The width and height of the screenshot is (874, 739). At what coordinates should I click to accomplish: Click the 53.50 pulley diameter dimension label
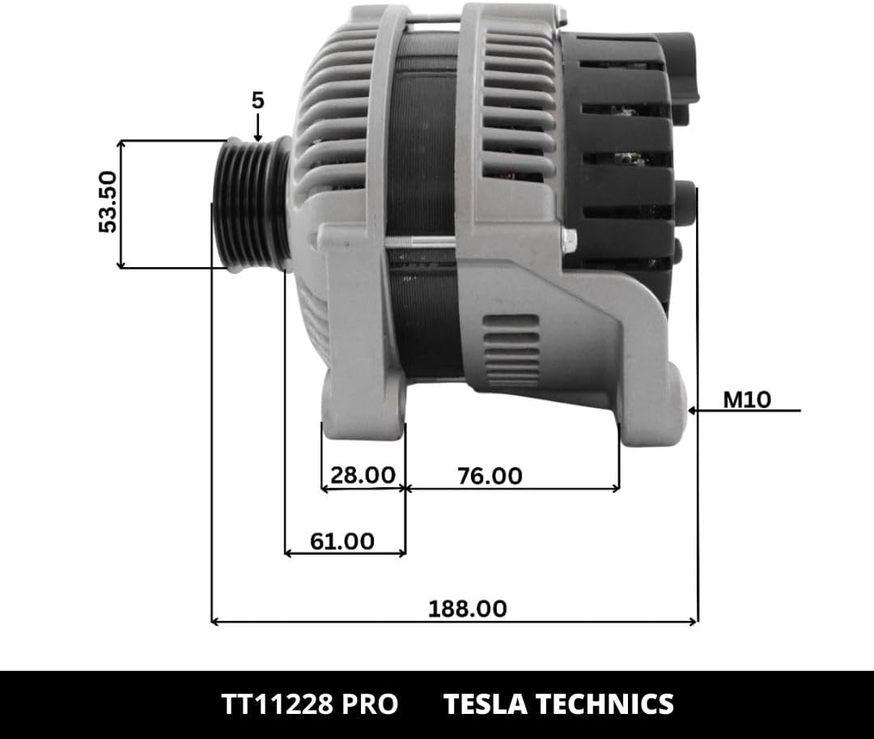[x=108, y=202]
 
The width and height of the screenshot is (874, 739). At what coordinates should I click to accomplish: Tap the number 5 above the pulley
[x=257, y=101]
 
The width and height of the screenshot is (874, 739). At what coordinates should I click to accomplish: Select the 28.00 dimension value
[x=363, y=475]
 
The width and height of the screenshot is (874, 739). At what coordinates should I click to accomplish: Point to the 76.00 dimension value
[x=490, y=476]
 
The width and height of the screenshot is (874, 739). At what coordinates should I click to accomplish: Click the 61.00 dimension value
[x=342, y=542]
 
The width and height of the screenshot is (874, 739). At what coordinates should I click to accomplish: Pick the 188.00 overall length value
[x=468, y=609]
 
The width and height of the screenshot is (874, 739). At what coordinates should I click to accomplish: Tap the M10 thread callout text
[x=747, y=400]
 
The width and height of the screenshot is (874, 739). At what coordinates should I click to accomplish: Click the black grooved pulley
[x=252, y=205]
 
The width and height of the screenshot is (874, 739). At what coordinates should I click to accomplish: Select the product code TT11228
[x=278, y=704]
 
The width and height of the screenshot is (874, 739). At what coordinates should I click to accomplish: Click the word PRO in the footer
[x=370, y=704]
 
